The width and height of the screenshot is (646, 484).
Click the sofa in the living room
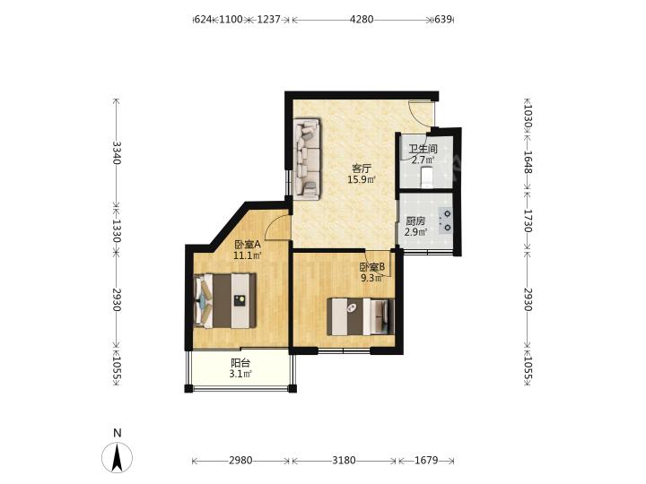pyautogui.click(x=307, y=160)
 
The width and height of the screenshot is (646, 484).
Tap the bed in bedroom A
pyautogui.click(x=225, y=301)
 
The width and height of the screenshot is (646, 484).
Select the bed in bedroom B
pyautogui.click(x=361, y=316)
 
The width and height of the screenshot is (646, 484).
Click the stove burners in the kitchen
pyautogui.click(x=447, y=220)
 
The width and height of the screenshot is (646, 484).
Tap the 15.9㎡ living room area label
pyautogui.click(x=362, y=179)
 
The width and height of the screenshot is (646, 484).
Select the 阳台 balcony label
pyautogui.click(x=240, y=363)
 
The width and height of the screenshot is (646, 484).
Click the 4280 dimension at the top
pyautogui.click(x=362, y=20)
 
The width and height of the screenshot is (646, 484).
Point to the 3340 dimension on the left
pyautogui.click(x=117, y=152)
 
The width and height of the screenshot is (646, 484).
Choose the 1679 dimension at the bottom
pyautogui.click(x=426, y=460)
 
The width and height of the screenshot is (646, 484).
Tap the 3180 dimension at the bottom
pyautogui.click(x=344, y=460)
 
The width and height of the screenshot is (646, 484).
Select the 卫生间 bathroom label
pyautogui.click(x=423, y=149)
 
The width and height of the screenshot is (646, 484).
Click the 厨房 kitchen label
pyautogui.click(x=415, y=221)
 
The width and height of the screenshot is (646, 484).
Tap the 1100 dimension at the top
pyautogui.click(x=231, y=20)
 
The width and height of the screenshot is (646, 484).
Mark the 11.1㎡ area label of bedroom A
pyautogui.click(x=248, y=255)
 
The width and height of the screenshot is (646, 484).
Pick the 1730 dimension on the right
pyautogui.click(x=528, y=220)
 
